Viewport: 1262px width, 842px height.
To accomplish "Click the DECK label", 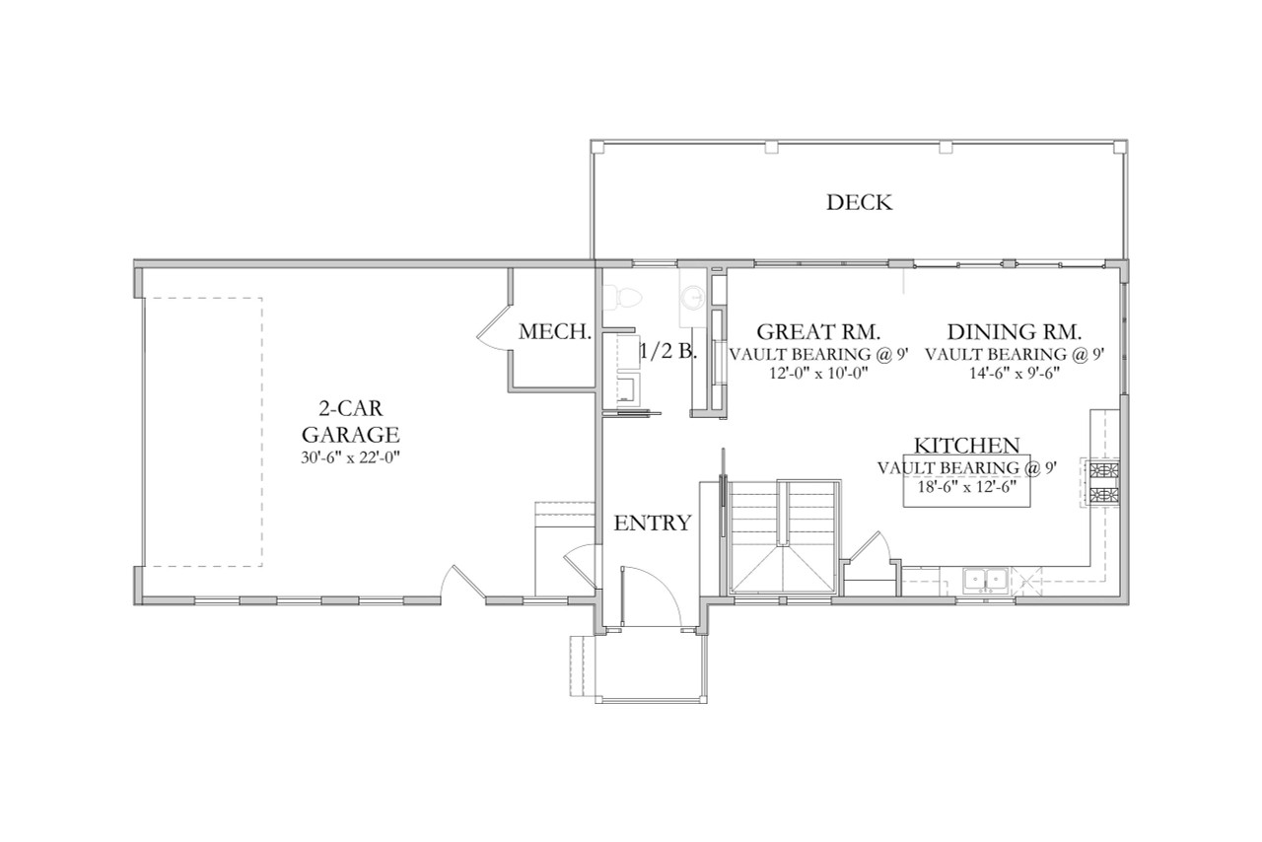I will click(x=859, y=203).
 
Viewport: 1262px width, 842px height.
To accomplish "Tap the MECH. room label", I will click(x=555, y=332).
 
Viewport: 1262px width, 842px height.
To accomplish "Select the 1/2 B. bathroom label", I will click(x=668, y=351).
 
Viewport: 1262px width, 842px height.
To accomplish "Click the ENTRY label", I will click(x=652, y=524).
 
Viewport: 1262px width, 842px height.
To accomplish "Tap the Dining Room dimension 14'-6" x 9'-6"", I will click(x=1015, y=374).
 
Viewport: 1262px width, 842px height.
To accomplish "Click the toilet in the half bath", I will click(x=620, y=295).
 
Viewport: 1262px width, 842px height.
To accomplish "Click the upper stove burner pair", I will click(x=1103, y=469).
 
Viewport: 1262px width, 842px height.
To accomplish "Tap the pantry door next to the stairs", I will click(x=869, y=547).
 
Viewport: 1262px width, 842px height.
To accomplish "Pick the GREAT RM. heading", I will click(x=816, y=331).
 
